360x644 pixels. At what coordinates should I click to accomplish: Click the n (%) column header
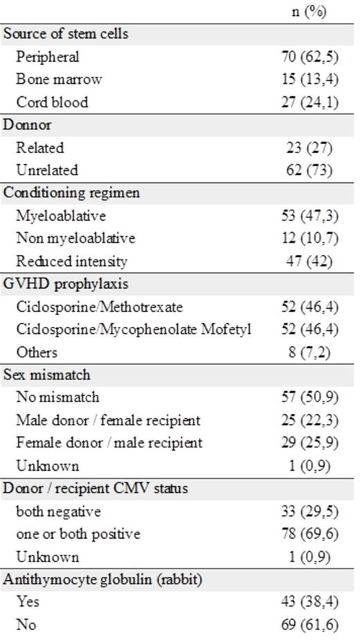[x=309, y=12]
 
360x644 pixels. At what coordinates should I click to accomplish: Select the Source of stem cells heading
[x=66, y=33]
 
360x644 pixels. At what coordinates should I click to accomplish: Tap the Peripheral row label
[x=48, y=57]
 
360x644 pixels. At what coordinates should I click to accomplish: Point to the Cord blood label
[x=52, y=102]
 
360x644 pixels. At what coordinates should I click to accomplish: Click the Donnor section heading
[x=28, y=125]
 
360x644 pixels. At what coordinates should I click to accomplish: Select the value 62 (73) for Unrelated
[x=309, y=170]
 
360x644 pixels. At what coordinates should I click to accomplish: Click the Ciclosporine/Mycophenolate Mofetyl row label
[x=133, y=330]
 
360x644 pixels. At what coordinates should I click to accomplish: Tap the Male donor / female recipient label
[x=108, y=420]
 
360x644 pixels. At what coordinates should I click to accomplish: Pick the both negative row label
[x=59, y=512]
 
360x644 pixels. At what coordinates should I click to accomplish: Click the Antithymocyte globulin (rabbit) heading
[x=103, y=579]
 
